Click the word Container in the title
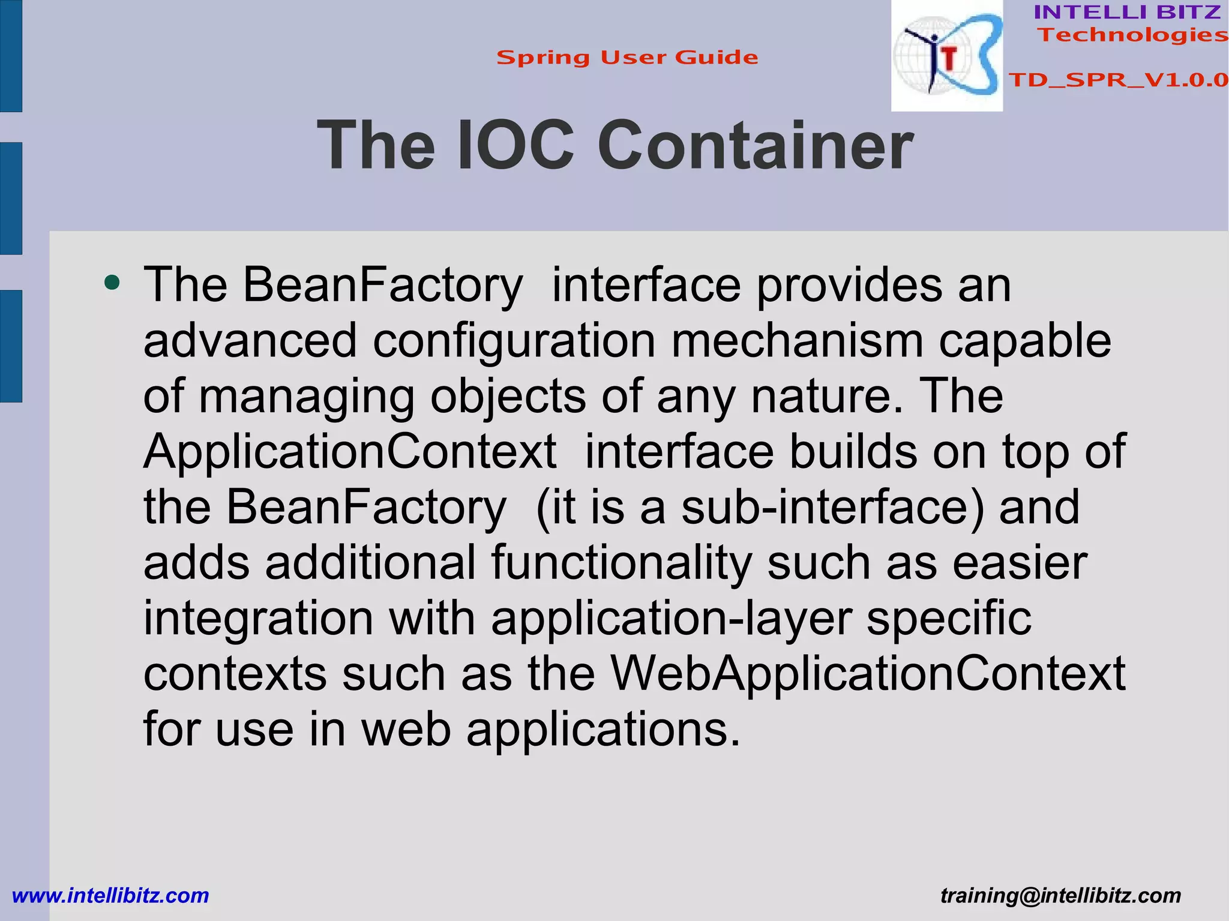pos(755,146)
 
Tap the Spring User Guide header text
pos(627,58)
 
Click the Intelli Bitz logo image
pos(946,56)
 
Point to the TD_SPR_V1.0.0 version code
pos(1118,80)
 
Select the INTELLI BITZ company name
pos(1127,12)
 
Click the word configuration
pos(514,341)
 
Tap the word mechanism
pos(796,341)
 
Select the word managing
pos(307,397)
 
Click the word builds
pos(853,452)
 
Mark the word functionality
pos(621,563)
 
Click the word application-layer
pos(671,619)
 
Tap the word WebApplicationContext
pos(868,674)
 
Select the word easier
pos(1020,563)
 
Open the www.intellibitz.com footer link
pos(110,896)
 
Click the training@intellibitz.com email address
pos(1060,896)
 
